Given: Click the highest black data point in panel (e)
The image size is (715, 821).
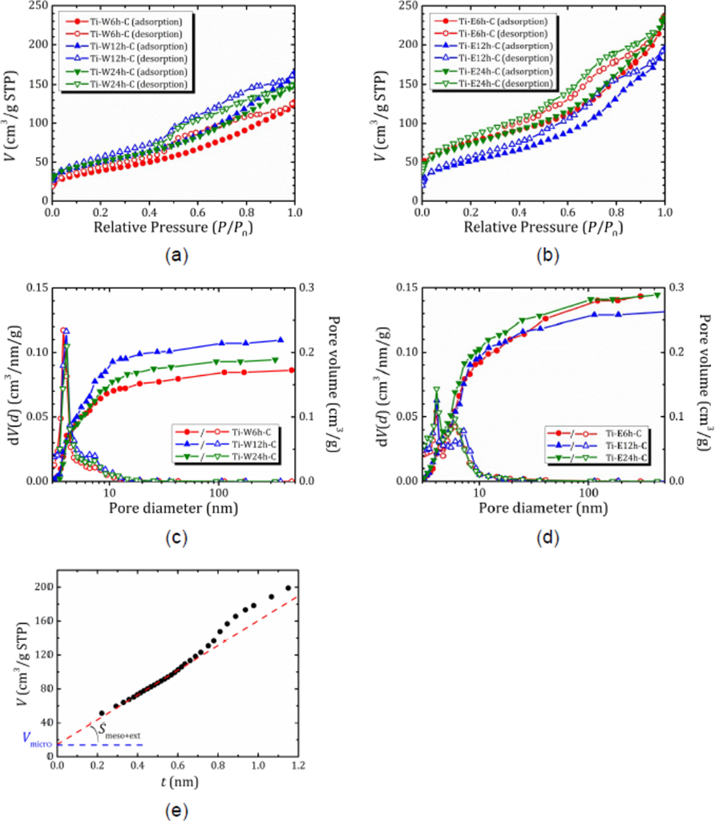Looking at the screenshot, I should [x=289, y=588].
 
